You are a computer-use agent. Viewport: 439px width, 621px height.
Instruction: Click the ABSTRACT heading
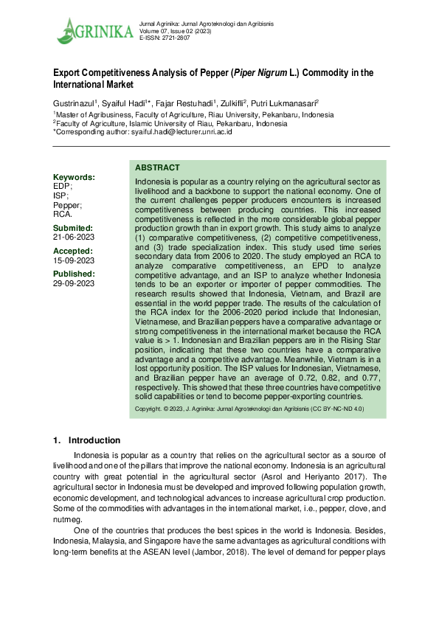point(157,168)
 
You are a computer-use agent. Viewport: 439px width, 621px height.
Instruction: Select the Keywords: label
point(74,178)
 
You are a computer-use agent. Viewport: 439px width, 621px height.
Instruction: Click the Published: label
point(75,274)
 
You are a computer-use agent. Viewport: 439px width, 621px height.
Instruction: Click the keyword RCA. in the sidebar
point(63,214)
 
